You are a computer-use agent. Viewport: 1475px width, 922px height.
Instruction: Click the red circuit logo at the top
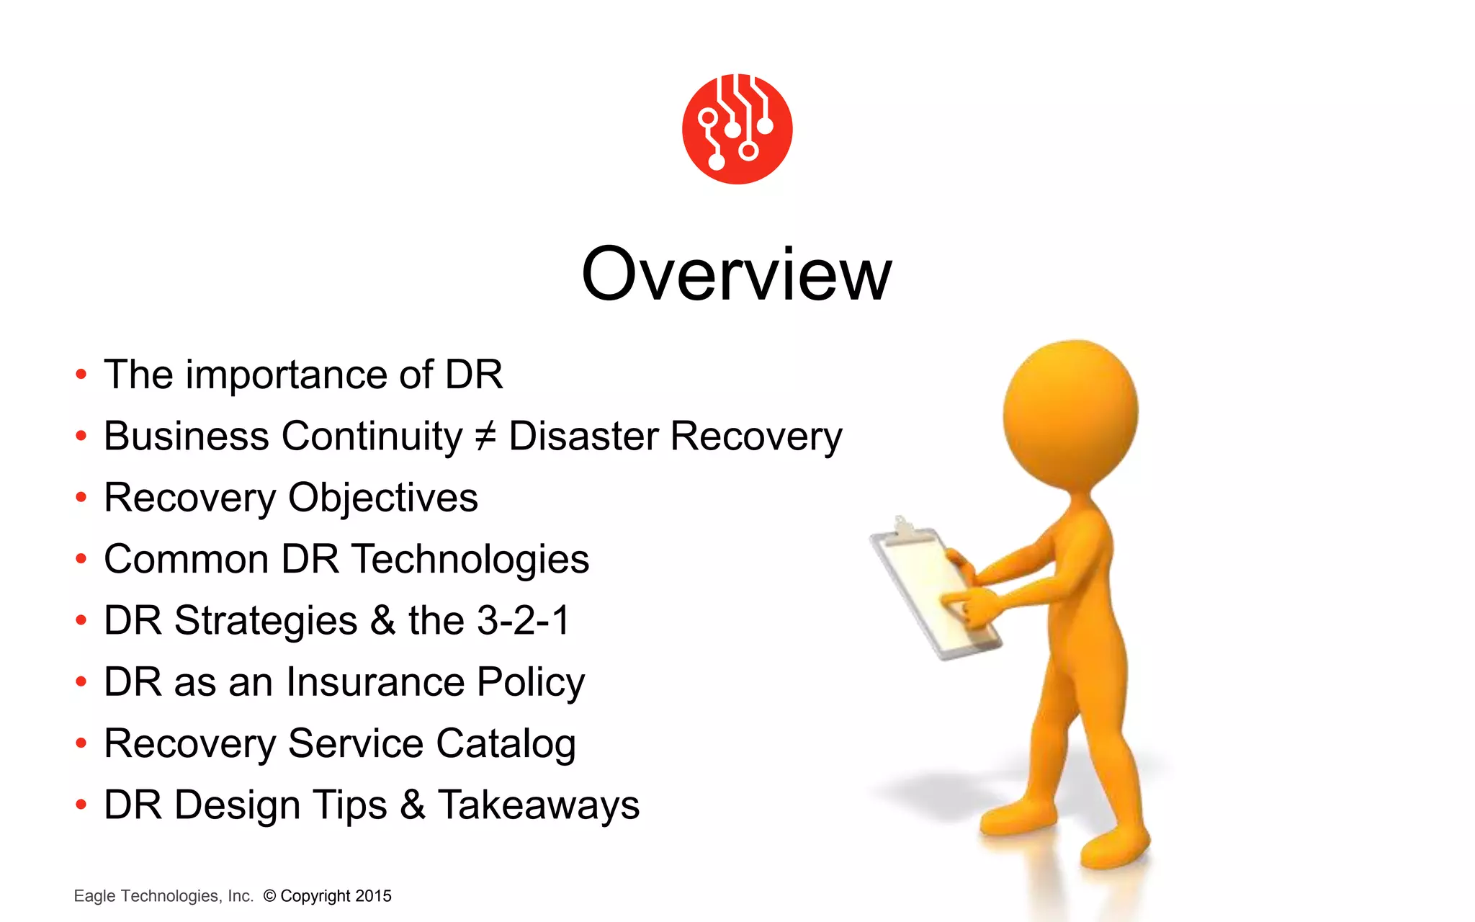click(x=737, y=129)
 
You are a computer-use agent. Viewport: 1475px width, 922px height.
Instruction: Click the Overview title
click(x=736, y=274)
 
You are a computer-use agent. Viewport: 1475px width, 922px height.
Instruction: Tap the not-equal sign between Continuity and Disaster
click(x=485, y=437)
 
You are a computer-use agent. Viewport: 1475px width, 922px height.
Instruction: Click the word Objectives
click(x=382, y=498)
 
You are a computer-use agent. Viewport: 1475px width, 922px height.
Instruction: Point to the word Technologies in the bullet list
click(x=470, y=560)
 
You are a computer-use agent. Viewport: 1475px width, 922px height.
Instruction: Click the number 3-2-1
click(x=524, y=621)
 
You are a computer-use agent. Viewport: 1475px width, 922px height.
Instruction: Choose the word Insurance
click(x=375, y=682)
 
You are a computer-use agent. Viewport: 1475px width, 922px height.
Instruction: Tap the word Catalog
click(x=505, y=744)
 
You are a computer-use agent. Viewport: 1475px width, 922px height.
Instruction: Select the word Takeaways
click(x=538, y=805)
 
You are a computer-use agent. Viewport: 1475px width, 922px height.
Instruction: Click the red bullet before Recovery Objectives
click(x=81, y=498)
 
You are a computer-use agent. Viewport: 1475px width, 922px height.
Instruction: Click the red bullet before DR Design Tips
click(x=81, y=805)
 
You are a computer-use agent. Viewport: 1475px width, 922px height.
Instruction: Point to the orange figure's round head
click(x=1071, y=414)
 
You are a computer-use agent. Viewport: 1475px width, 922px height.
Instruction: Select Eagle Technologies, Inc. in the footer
click(x=163, y=896)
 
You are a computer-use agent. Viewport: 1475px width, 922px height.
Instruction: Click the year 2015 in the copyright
click(x=373, y=896)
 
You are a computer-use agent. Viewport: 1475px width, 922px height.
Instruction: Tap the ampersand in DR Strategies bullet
click(x=382, y=621)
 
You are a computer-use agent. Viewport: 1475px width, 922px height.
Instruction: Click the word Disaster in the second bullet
click(x=583, y=437)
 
